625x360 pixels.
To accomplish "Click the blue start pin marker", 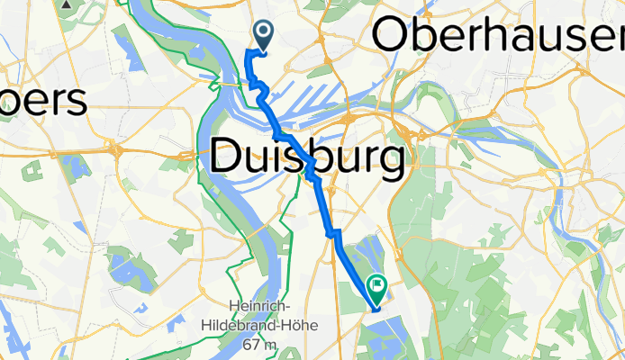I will (264, 35).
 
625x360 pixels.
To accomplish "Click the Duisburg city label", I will (306, 161).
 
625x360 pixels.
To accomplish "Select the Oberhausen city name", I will (498, 35).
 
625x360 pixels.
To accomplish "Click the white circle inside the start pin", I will (264, 32).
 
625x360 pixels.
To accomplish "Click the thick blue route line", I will (326, 207).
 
